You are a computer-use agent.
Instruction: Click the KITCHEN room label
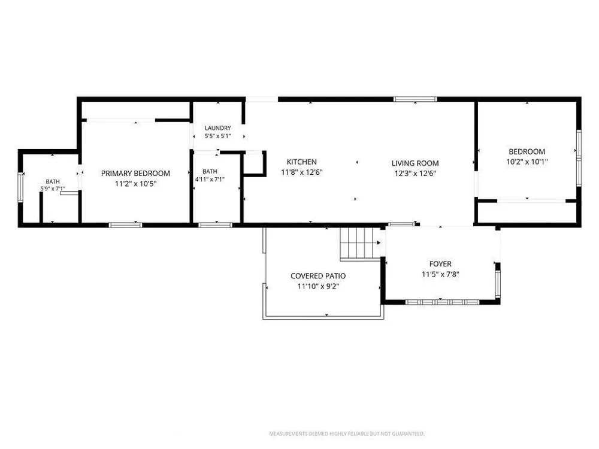[x=301, y=162]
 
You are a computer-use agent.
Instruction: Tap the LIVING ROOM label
[x=415, y=163]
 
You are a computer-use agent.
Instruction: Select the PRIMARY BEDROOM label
[x=135, y=174]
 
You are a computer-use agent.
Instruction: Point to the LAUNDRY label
[x=218, y=128]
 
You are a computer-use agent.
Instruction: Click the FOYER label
[x=440, y=264]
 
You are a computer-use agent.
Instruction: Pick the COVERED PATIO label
[x=318, y=276]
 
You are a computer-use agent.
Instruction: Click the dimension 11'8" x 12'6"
[x=302, y=172]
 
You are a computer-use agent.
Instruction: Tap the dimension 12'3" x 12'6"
[x=415, y=174]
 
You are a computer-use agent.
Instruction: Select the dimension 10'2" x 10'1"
[x=527, y=162]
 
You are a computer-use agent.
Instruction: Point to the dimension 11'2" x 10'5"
[x=135, y=184]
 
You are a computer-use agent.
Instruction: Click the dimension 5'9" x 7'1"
[x=53, y=189]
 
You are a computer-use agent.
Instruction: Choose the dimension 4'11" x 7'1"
[x=210, y=180]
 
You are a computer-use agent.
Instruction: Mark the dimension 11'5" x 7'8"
[x=440, y=275]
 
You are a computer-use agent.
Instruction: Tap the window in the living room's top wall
[x=415, y=99]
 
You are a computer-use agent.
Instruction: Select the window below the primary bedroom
[x=125, y=225]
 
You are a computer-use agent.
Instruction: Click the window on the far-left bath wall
[x=20, y=187]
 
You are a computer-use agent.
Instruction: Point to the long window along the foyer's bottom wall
[x=442, y=302]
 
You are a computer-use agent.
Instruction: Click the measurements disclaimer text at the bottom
[x=347, y=433]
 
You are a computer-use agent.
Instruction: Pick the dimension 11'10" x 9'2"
[x=319, y=286]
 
